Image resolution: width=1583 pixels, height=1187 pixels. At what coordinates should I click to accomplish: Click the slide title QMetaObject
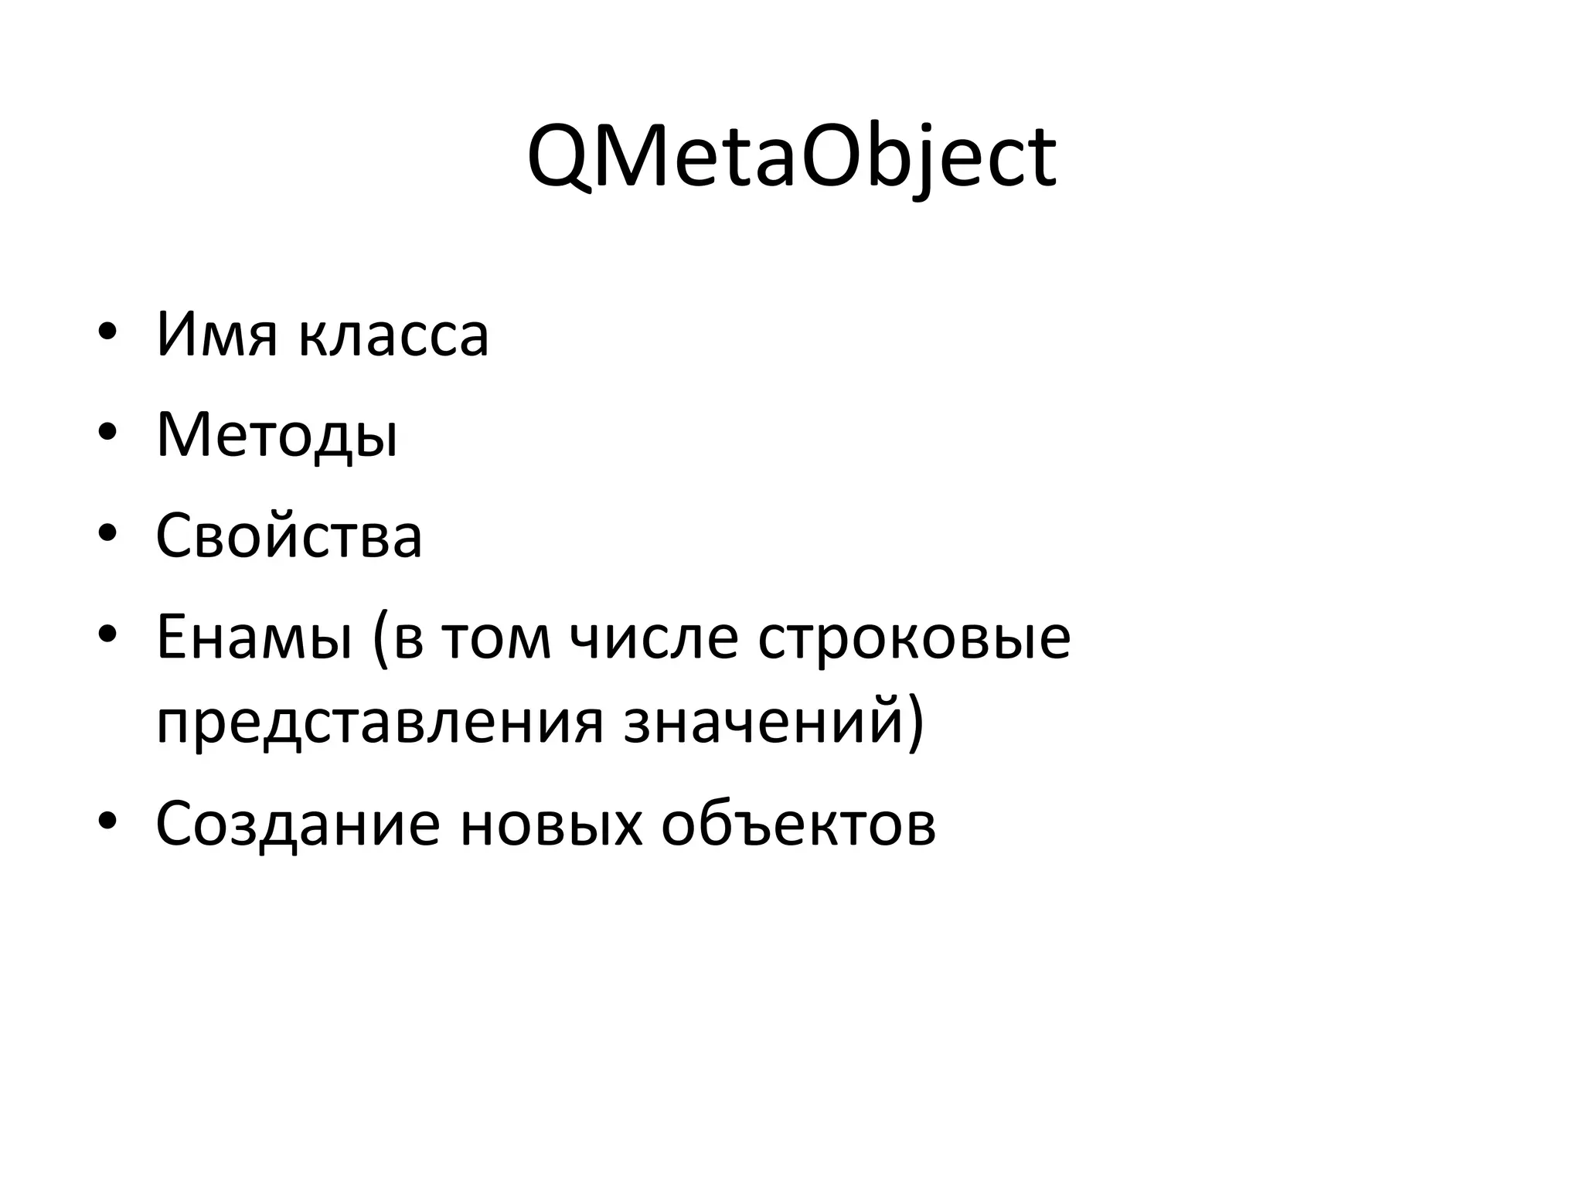[x=791, y=158]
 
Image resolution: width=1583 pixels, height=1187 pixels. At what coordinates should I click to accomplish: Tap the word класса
[x=394, y=336]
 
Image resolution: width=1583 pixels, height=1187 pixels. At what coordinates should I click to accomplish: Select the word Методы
[x=277, y=436]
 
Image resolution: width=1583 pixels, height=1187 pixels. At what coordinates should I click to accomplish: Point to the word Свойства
[x=289, y=536]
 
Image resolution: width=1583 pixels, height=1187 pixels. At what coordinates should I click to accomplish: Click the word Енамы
[x=254, y=638]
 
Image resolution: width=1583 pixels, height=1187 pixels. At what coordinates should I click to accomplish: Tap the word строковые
[x=914, y=639]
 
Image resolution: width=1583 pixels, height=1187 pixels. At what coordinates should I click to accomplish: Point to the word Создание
[x=298, y=823]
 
